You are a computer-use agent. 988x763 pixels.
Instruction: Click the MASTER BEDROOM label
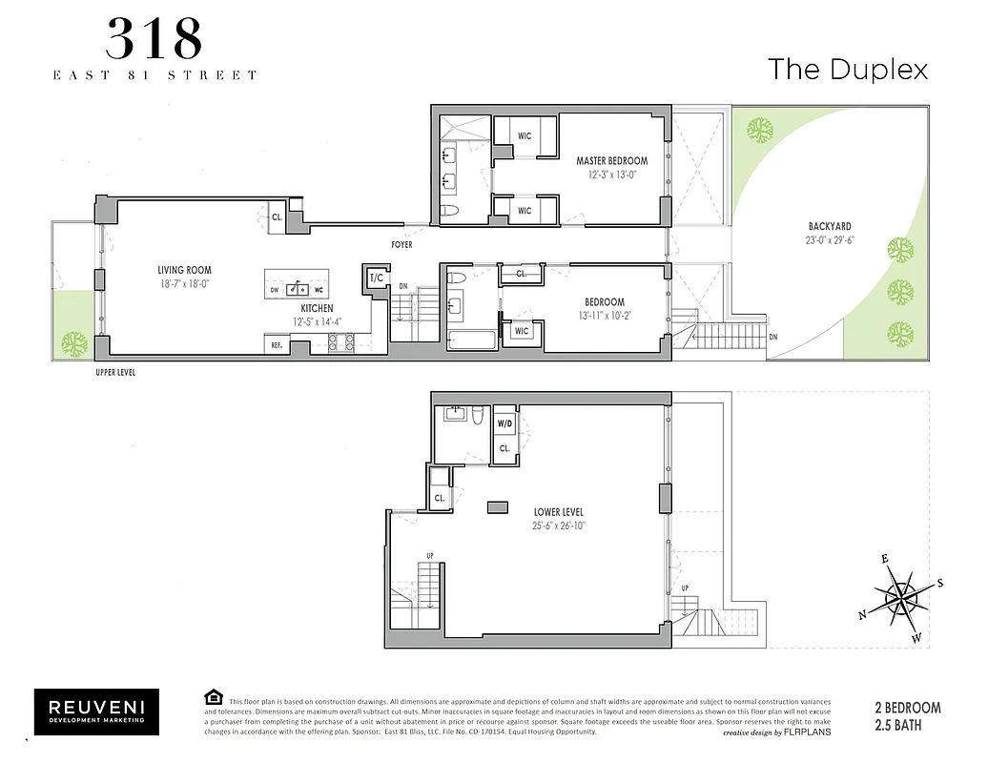click(x=611, y=161)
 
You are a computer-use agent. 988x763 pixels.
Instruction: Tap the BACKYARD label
click(x=829, y=226)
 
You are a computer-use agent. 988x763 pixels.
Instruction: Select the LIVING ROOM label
click(x=184, y=271)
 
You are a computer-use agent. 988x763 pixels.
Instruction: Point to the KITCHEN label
click(x=318, y=308)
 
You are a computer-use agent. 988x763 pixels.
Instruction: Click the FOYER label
click(x=401, y=245)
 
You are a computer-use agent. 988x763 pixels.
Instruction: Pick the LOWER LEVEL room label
click(x=558, y=512)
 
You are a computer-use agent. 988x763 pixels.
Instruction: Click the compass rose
click(x=899, y=598)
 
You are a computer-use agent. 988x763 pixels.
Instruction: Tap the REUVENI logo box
click(x=97, y=712)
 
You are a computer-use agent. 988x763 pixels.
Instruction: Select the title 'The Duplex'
click(x=848, y=69)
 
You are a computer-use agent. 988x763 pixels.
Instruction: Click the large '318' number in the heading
click(x=154, y=40)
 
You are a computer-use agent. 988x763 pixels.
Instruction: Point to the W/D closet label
click(x=504, y=423)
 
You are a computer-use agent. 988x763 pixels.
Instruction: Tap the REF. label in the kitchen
click(x=277, y=345)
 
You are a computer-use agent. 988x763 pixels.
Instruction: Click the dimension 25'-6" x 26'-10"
click(x=558, y=526)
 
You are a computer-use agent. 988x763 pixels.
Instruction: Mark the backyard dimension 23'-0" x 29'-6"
click(x=829, y=240)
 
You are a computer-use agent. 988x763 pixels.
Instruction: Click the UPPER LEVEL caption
click(x=114, y=373)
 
